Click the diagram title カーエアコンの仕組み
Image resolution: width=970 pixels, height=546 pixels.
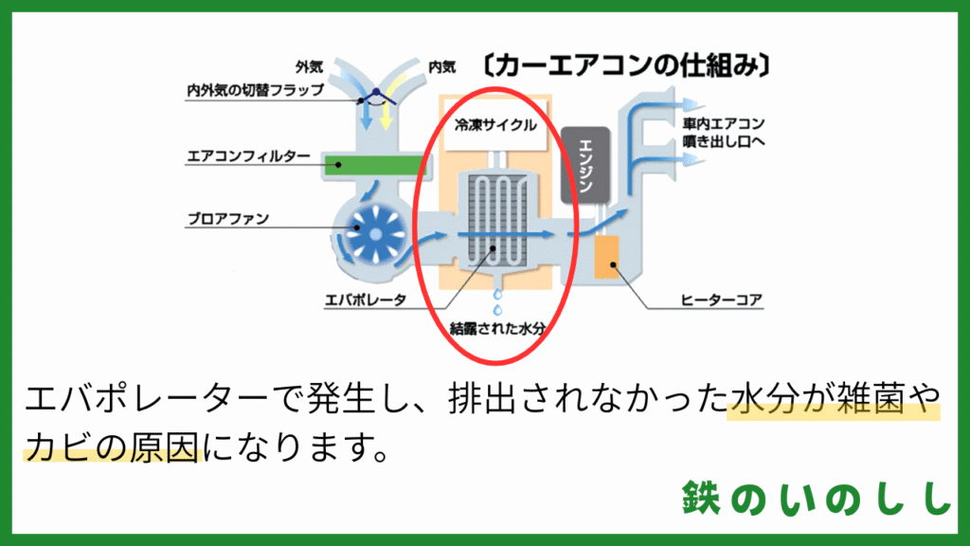click(625, 65)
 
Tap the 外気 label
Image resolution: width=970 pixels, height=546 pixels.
click(310, 66)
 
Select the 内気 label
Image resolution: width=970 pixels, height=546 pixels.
click(442, 66)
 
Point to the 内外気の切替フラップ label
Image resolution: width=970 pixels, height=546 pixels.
click(256, 90)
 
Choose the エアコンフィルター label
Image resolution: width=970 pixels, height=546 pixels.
click(248, 155)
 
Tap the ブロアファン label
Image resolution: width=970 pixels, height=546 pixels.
click(228, 219)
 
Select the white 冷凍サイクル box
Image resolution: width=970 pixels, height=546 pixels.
click(495, 126)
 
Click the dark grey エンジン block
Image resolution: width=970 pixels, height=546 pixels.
click(585, 165)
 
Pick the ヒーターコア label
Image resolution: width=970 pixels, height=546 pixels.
click(721, 300)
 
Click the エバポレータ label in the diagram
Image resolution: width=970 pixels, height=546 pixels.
click(366, 300)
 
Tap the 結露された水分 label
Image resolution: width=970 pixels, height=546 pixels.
click(497, 328)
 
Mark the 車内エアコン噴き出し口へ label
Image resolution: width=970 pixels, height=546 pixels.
click(724, 133)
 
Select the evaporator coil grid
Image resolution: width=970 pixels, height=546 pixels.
click(497, 220)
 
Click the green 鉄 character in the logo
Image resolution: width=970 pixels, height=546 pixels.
click(702, 497)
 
